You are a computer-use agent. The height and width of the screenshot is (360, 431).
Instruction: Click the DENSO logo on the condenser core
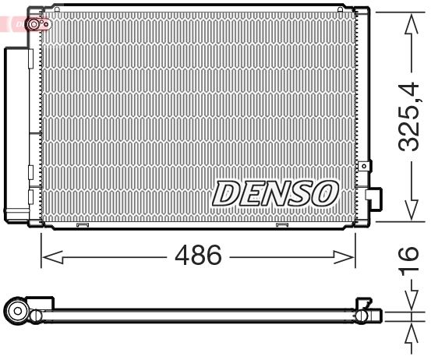276,194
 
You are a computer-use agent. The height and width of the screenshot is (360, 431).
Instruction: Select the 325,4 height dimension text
410,117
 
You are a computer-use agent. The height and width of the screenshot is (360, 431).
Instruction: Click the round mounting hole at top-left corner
34,26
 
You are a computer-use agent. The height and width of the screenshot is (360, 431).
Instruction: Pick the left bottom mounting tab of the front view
80,227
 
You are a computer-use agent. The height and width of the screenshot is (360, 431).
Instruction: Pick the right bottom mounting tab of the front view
282,227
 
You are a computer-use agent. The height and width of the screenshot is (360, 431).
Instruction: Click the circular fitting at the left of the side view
16,314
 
